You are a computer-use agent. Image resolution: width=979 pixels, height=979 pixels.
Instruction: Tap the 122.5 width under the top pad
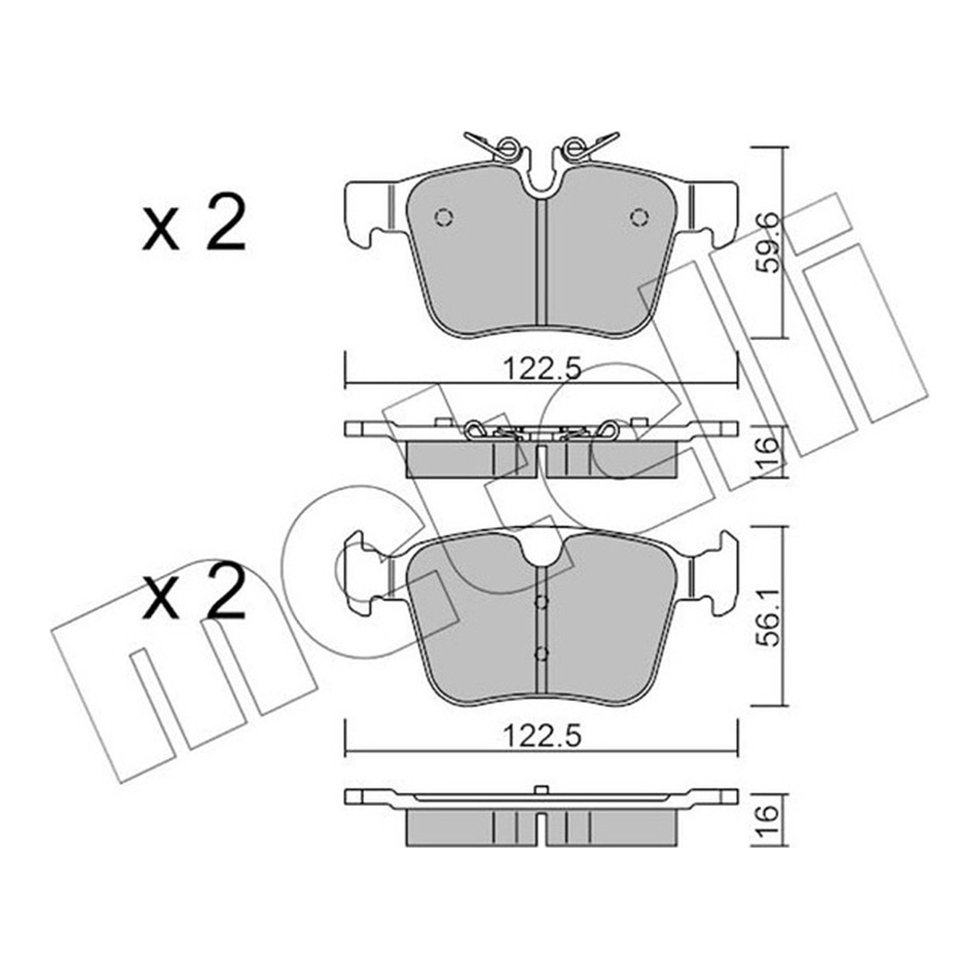(542, 371)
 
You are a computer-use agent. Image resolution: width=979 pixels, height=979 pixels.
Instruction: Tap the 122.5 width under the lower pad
(542, 736)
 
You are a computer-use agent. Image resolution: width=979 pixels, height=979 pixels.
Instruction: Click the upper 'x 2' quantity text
(194, 225)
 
